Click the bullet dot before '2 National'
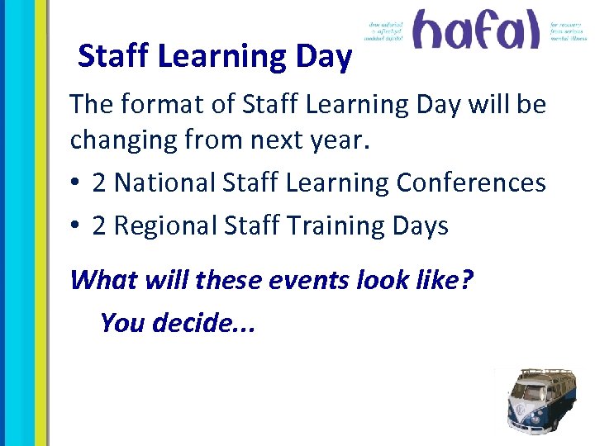(76, 183)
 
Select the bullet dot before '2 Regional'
(76, 226)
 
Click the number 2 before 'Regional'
(99, 225)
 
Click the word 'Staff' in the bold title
(113, 56)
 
